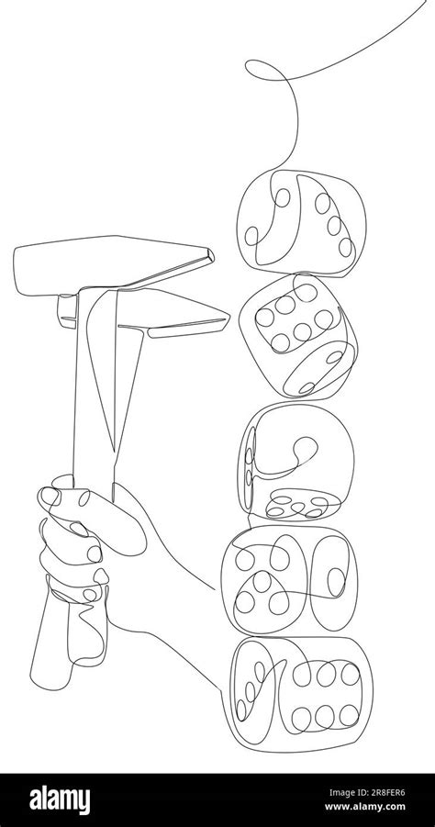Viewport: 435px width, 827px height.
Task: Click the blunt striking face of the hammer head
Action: [23, 272]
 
